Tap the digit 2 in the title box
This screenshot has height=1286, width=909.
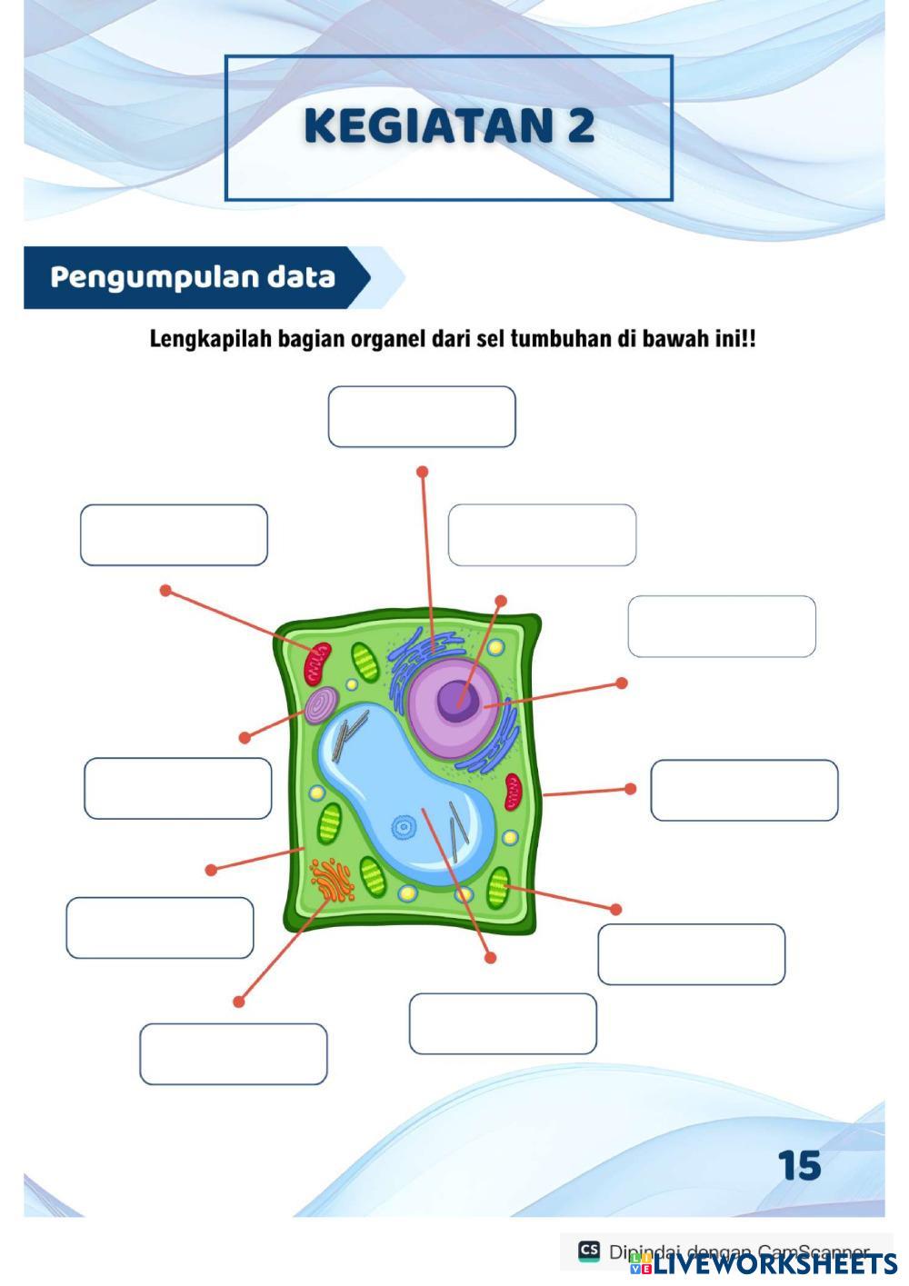point(579,125)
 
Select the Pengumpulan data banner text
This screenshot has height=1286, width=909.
point(193,277)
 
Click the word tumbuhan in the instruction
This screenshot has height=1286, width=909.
point(557,340)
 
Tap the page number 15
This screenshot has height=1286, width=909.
point(799,1165)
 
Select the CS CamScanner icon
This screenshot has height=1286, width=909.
point(588,1251)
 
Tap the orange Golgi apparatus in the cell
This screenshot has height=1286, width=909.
point(332,880)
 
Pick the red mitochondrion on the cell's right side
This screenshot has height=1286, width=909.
point(514,792)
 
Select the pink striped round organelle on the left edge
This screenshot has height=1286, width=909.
point(321,705)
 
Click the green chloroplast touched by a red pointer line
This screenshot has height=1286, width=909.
point(498,887)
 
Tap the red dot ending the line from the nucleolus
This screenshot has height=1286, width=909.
point(500,601)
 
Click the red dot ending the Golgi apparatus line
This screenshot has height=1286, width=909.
point(238,1002)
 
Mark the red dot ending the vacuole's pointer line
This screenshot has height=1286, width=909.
point(491,958)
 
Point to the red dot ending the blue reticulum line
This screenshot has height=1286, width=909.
point(422,472)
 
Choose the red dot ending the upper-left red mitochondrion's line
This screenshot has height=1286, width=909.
point(165,590)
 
